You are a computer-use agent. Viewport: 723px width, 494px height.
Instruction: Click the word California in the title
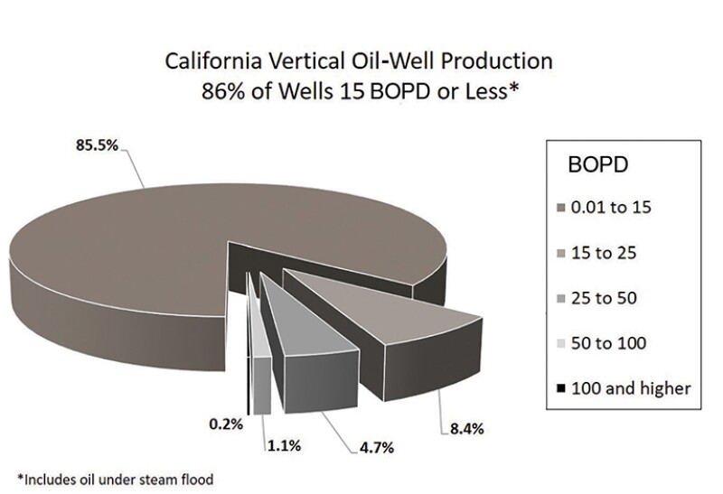tap(204, 63)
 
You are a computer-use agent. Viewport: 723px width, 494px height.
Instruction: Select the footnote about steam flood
tap(118, 477)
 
